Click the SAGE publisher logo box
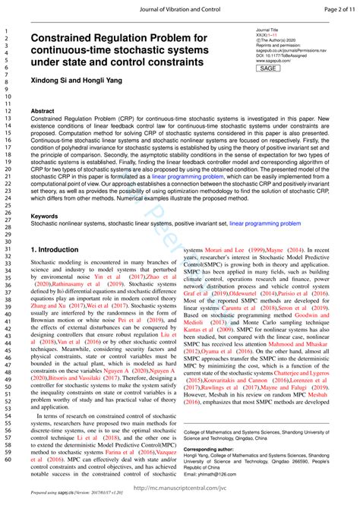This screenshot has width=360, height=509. (x=269, y=68)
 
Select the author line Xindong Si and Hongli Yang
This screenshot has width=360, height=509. (x=77, y=81)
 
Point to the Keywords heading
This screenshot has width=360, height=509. (x=44, y=217)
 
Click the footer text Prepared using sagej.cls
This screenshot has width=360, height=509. (x=52, y=503)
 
